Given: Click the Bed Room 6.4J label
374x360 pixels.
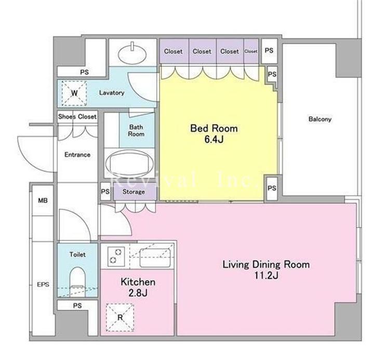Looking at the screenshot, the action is tap(214, 134).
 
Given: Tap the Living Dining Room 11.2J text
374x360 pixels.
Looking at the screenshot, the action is tap(266, 270).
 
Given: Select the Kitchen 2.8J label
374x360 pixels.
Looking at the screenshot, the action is tap(138, 287).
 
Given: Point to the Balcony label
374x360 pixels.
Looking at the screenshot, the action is tap(320, 119).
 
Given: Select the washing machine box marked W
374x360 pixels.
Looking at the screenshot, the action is tap(74, 93).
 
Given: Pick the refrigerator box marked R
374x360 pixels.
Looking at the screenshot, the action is tap(120, 317).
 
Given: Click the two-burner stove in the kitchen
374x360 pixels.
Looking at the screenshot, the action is tap(116, 256).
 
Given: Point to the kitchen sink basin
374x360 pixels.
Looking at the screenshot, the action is tap(155, 258).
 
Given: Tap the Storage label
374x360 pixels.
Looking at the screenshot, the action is tap(133, 192).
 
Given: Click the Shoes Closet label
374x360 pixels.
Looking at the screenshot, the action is tap(77, 117).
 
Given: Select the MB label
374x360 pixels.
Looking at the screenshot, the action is tap(43, 201).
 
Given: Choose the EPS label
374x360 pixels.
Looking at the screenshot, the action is tap(43, 284).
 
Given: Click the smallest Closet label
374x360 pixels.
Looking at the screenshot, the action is tap(251, 51).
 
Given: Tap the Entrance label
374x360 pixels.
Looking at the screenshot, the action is tap(77, 155).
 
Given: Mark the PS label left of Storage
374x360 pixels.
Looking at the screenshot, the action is tap(105, 191).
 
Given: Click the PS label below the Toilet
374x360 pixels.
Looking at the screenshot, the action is tap(77, 305).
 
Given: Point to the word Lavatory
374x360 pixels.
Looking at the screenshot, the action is tap(112, 92).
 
